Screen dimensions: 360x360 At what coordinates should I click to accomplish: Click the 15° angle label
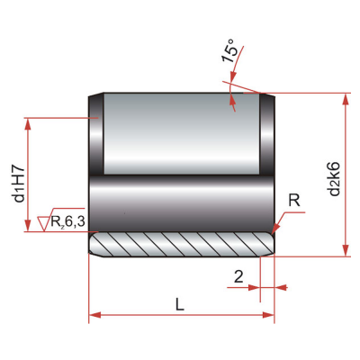(229, 50)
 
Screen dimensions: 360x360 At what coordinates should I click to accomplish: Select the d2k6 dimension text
(334, 179)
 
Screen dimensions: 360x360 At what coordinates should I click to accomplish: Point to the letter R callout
(294, 201)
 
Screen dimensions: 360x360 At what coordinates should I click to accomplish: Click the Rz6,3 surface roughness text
(68, 221)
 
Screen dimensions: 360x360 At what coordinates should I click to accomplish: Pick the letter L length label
(179, 304)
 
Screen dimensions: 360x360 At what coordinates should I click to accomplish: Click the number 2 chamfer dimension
(238, 276)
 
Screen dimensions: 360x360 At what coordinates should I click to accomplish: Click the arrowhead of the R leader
(275, 229)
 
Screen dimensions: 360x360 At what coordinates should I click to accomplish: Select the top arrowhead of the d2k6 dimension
(346, 99)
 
